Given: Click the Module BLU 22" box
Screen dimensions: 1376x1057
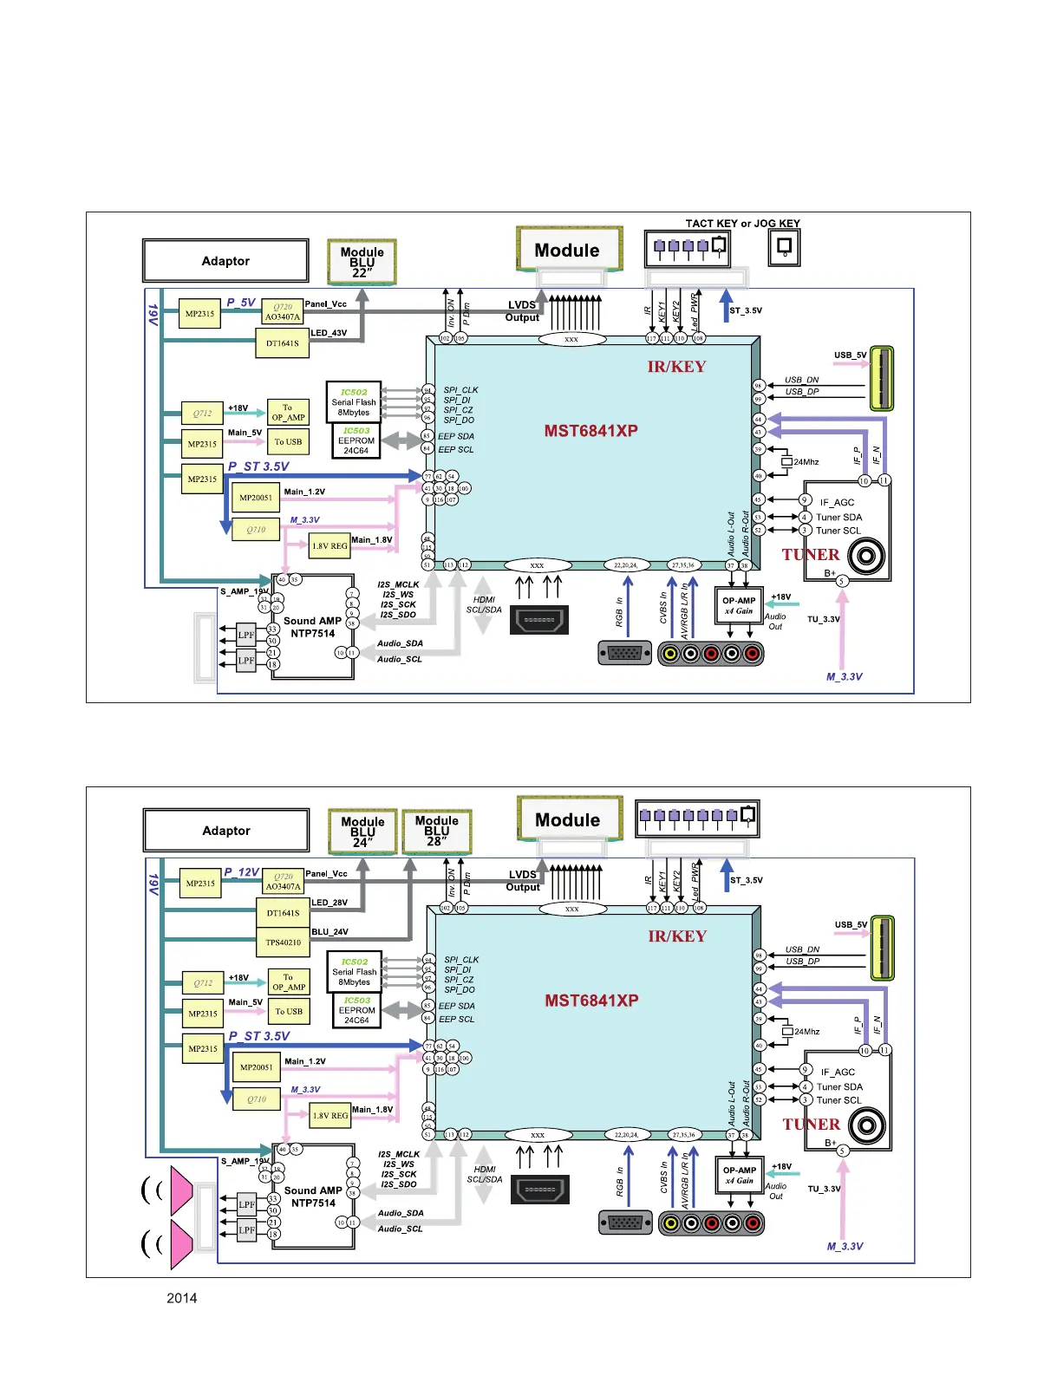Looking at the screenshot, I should (x=362, y=261).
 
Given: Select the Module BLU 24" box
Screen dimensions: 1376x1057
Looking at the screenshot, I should (x=362, y=831).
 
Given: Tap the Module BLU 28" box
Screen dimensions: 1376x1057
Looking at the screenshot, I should (x=436, y=831).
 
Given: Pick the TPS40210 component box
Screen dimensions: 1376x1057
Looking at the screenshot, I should (x=283, y=942).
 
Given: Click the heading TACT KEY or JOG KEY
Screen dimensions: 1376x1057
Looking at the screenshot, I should (x=742, y=224).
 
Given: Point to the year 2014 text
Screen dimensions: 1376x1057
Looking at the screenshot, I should (x=181, y=1298).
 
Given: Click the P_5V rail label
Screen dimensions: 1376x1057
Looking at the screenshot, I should (x=241, y=303).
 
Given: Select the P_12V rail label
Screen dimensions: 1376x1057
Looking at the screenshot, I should (x=241, y=872).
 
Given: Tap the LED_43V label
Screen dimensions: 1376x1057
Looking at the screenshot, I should (x=329, y=333).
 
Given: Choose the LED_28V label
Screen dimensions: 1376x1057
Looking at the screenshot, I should (x=329, y=903).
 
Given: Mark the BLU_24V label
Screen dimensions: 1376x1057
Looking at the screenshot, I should (x=329, y=932).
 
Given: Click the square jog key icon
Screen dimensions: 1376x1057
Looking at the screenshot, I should (x=784, y=249).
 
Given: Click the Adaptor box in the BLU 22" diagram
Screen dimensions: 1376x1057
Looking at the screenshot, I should (x=225, y=261).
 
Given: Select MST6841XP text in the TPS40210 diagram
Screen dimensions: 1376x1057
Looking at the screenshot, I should (x=591, y=1001).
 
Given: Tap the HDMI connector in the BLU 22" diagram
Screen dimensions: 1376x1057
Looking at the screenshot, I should (x=539, y=620).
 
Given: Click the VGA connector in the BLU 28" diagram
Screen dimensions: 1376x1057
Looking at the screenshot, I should (x=625, y=1223).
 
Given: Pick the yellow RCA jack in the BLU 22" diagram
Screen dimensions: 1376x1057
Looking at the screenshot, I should (x=669, y=653).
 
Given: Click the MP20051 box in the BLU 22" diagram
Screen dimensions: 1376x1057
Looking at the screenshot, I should (x=256, y=498).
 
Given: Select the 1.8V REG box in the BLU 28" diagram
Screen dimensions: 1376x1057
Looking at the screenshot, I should (x=330, y=1116).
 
